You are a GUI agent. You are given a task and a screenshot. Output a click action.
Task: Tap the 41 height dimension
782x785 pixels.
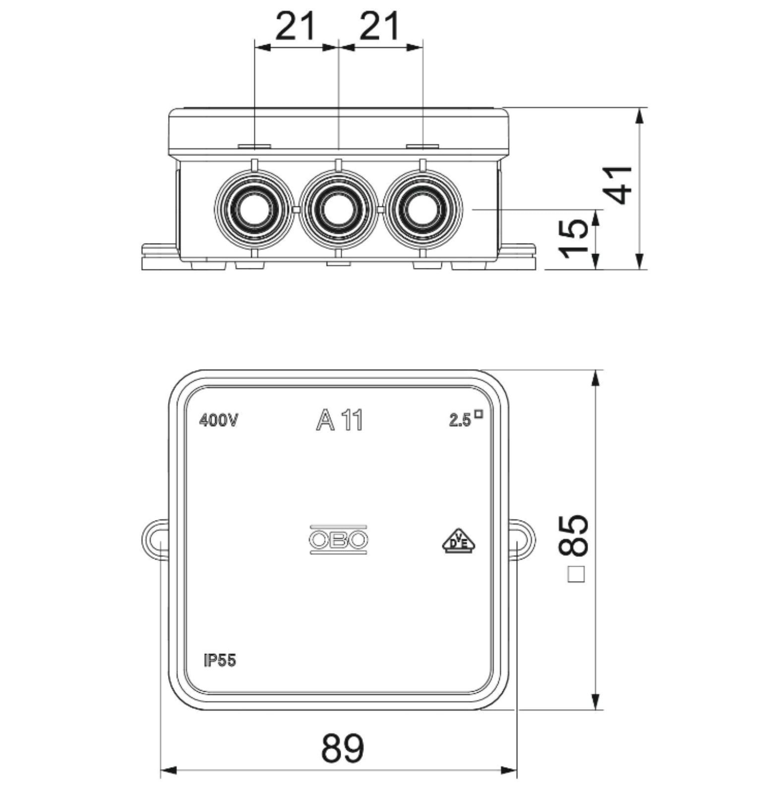(x=620, y=185)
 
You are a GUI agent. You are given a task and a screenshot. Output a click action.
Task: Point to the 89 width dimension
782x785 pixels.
(x=343, y=748)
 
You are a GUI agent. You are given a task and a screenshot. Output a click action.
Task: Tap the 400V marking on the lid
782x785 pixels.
(x=219, y=421)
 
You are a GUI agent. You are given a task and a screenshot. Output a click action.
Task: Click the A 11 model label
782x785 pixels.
(x=340, y=421)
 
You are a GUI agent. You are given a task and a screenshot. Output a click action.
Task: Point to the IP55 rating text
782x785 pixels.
(x=220, y=660)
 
